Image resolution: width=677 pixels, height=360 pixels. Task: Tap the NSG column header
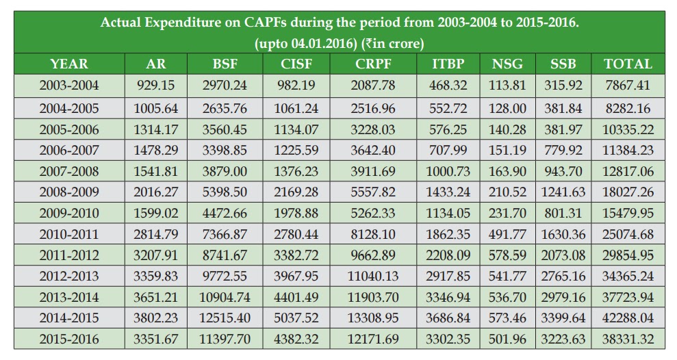[x=507, y=64]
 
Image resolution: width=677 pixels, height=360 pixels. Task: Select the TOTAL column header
[x=628, y=64]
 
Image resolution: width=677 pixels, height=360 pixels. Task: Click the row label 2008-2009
[x=69, y=192]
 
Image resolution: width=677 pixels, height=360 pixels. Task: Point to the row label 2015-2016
[x=69, y=339]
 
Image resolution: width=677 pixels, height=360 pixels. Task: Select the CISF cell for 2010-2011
[x=297, y=235]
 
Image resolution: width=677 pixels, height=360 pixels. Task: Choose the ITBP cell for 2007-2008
[x=448, y=172]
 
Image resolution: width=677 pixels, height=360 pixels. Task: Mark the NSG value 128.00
[x=507, y=108]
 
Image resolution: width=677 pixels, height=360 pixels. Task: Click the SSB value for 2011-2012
[x=563, y=255]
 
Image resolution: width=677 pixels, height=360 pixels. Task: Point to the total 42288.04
[x=628, y=318]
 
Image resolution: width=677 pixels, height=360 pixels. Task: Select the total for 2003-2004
[x=628, y=86]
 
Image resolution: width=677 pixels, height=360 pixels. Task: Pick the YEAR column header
[x=69, y=64]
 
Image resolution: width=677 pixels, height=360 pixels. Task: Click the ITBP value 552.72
[x=448, y=108]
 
